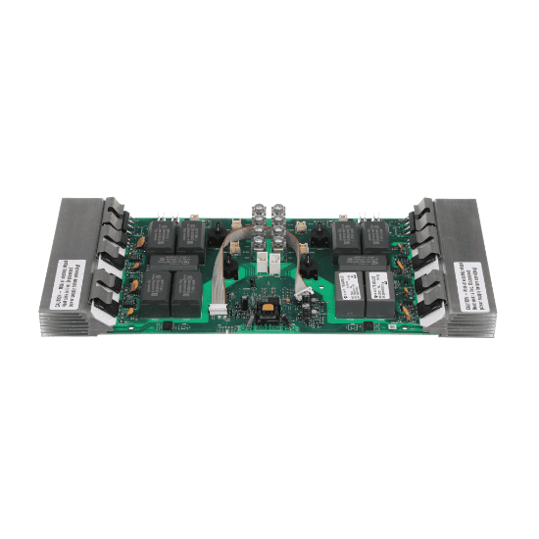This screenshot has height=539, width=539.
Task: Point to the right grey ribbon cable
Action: click(x=293, y=261)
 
